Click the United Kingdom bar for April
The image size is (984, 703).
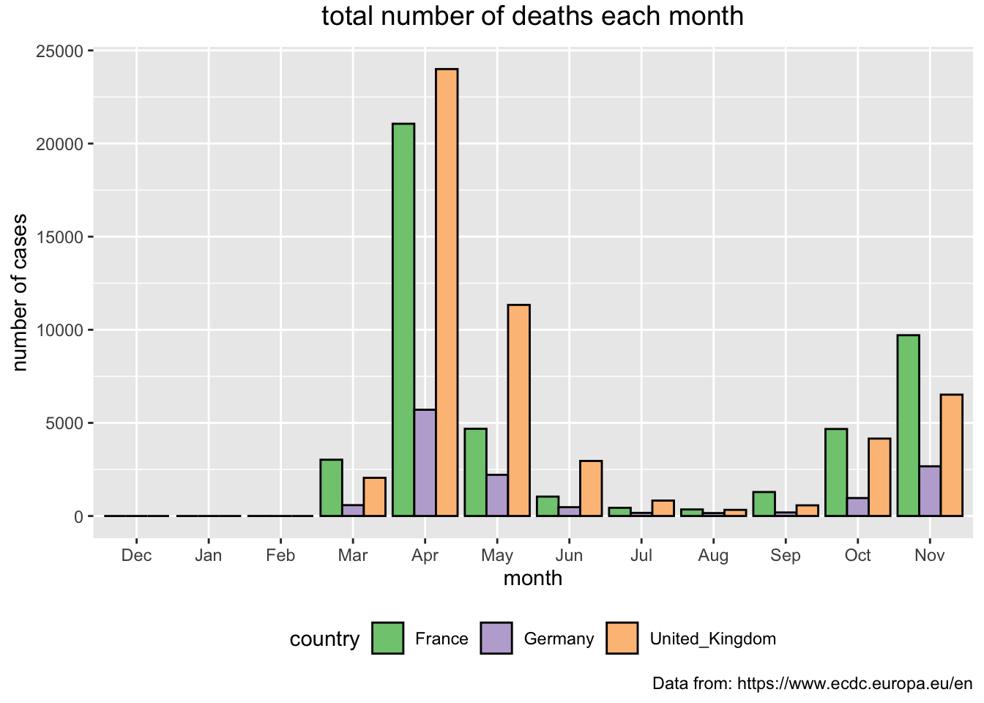click(x=447, y=292)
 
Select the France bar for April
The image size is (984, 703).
click(x=403, y=320)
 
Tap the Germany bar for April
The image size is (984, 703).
click(x=425, y=463)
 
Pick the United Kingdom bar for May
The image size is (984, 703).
click(x=519, y=410)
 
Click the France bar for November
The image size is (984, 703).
click(x=908, y=425)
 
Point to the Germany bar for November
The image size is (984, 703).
click(x=930, y=491)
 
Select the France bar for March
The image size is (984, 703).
click(x=331, y=488)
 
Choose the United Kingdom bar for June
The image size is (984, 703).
click(x=591, y=488)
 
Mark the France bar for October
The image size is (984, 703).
click(x=836, y=472)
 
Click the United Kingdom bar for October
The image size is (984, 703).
click(x=879, y=477)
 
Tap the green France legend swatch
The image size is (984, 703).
click(x=387, y=638)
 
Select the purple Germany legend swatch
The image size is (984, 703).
click(x=496, y=638)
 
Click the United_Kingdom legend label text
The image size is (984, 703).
click(x=713, y=639)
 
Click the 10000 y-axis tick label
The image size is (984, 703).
click(x=60, y=330)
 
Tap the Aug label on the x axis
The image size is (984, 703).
click(x=713, y=556)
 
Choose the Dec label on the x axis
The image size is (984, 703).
click(x=137, y=555)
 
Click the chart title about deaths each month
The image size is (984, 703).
click(x=532, y=16)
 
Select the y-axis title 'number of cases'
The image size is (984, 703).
click(x=20, y=293)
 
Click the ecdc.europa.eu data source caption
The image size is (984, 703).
click(x=812, y=684)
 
